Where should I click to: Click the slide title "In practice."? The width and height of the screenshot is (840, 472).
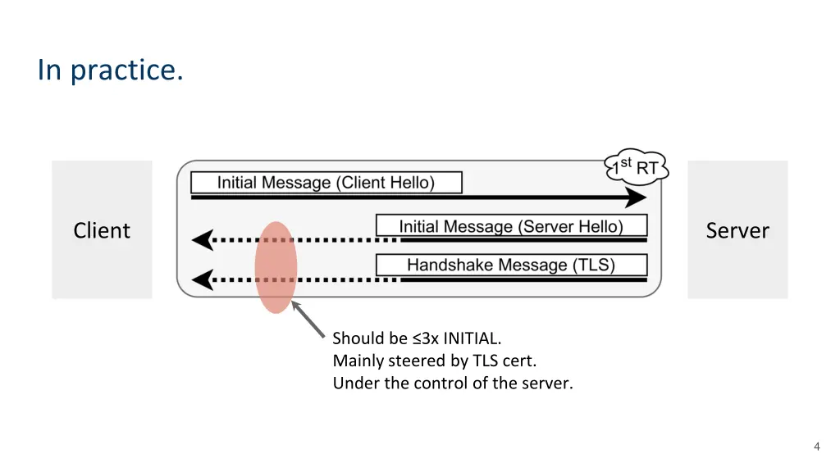[111, 70]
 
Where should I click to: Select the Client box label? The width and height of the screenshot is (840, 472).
[102, 230]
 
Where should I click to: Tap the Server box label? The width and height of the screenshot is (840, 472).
[737, 230]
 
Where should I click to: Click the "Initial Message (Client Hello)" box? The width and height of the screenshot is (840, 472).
[326, 183]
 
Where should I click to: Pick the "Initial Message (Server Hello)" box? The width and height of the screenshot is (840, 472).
[512, 226]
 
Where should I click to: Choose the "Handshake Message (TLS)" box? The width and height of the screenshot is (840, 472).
[512, 265]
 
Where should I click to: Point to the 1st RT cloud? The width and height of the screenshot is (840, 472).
[637, 167]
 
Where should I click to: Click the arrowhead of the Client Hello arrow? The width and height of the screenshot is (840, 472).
[636, 197]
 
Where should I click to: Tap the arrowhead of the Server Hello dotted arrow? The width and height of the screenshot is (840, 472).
[203, 240]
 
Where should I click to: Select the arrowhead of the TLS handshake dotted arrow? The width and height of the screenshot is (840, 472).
[203, 279]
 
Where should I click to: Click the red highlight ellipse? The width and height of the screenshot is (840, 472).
[276, 267]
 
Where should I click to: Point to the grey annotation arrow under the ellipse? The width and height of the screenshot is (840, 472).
[308, 320]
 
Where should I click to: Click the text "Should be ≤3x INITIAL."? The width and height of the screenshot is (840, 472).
[417, 338]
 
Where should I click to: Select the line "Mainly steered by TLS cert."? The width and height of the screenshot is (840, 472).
[435, 361]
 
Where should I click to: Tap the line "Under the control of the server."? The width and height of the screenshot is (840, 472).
[453, 383]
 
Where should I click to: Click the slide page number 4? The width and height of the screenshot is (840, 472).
[816, 447]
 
